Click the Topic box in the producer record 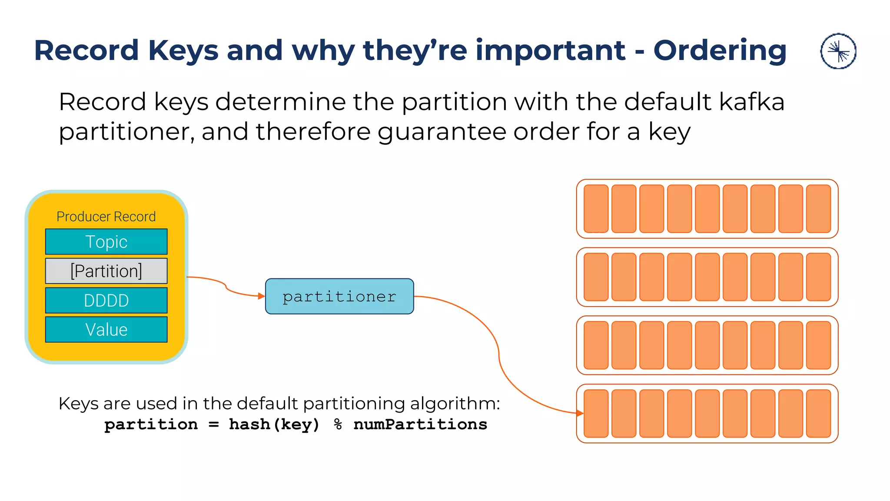click(106, 242)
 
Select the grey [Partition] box click(106, 271)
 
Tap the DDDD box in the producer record click(106, 301)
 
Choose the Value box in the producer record click(106, 330)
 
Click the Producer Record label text click(106, 217)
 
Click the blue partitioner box click(339, 296)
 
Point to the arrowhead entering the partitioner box click(262, 296)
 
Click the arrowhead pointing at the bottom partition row click(580, 413)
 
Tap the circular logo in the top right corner click(838, 51)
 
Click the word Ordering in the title click(720, 50)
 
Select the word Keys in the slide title click(183, 50)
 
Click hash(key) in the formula click(274, 424)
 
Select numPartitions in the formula click(420, 424)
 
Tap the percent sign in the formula click(338, 424)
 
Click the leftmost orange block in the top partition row click(596, 209)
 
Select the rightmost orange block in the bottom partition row click(818, 414)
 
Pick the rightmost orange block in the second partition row click(818, 277)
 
